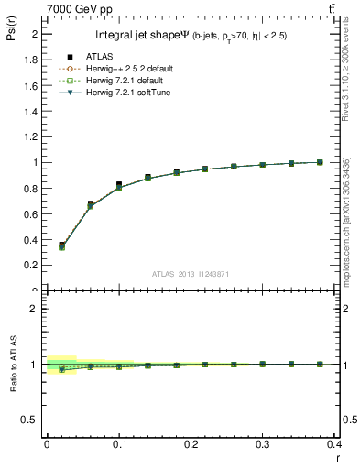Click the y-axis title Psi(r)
[x=10, y=36]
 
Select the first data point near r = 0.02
[x=61, y=245]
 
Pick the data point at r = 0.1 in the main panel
[x=119, y=185]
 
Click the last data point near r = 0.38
[x=320, y=162]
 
